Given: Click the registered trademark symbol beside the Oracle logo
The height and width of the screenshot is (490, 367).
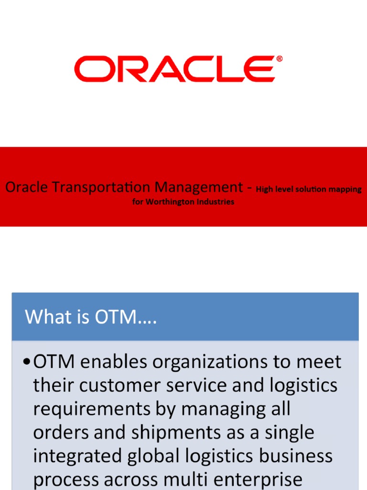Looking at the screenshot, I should (279, 59).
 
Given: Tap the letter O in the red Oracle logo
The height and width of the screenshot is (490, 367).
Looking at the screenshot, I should (91, 69).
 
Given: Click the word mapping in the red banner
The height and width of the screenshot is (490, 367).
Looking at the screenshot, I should (345, 189).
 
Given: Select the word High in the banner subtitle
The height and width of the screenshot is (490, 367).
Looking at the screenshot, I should (264, 189).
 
